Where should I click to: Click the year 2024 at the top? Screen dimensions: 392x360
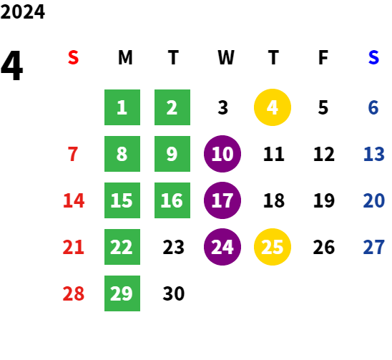(22, 11)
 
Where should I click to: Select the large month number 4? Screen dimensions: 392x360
(11, 65)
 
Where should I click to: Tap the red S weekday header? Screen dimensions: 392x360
(73, 57)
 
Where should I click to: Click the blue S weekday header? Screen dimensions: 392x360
(373, 57)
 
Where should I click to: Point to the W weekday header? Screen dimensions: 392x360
(226, 57)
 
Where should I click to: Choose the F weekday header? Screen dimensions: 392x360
(323, 57)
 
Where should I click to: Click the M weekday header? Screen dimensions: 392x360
(125, 57)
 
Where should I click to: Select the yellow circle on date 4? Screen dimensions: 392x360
(273, 107)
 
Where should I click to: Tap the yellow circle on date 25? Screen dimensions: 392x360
(273, 247)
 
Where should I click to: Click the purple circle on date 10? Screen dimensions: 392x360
(222, 154)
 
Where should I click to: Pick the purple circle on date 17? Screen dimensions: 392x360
(222, 200)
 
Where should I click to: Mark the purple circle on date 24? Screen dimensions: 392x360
(222, 247)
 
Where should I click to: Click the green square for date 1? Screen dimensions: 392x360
(122, 107)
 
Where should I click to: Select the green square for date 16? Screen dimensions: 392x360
(172, 200)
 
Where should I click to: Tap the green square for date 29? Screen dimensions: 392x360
(122, 293)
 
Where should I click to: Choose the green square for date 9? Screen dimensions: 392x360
(172, 154)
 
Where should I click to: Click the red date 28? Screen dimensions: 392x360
(73, 293)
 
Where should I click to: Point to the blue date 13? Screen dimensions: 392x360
(373, 154)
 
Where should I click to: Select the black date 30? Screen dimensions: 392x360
(174, 293)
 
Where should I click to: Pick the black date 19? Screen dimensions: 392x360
(324, 200)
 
